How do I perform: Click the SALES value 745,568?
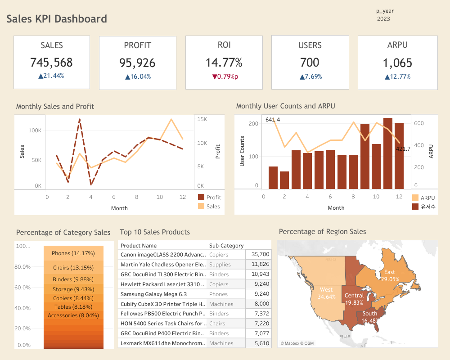(x=51, y=63)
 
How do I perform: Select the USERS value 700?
(x=310, y=63)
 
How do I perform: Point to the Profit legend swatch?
(x=201, y=197)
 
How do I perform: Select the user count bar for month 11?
(x=387, y=153)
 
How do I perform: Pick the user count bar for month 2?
(x=284, y=180)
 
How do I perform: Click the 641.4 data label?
(x=273, y=120)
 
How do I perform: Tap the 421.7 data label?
(x=403, y=148)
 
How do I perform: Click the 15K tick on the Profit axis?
(x=202, y=119)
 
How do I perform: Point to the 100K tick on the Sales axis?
(x=35, y=130)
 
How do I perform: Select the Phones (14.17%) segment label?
(x=73, y=253)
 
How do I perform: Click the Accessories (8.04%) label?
(x=73, y=315)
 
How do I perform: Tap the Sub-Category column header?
(x=226, y=246)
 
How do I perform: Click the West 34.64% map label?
(x=326, y=293)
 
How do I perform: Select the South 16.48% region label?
(x=370, y=317)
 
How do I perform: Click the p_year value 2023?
(x=383, y=19)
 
